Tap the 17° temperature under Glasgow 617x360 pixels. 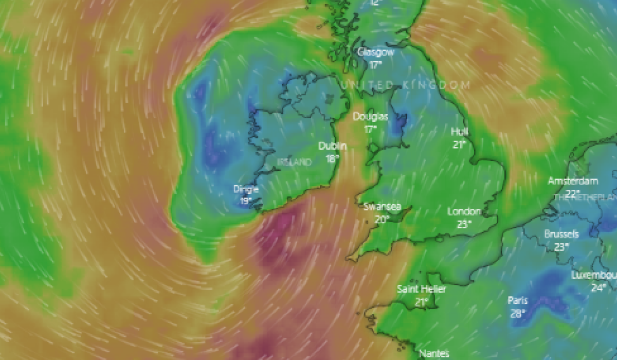[x=376, y=65]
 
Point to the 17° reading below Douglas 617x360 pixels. [x=370, y=129]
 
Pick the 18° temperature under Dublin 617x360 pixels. [x=333, y=158]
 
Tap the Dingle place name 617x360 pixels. [x=246, y=189]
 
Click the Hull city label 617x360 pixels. [x=459, y=132]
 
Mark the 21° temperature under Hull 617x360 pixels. [x=459, y=145]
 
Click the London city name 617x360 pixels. [x=464, y=211]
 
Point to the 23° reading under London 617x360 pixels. [x=464, y=224]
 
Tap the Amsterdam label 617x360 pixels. [x=573, y=181]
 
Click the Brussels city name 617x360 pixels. [x=561, y=235]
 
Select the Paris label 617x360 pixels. [x=518, y=300]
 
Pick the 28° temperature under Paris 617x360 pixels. [x=518, y=313]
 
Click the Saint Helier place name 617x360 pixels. [x=422, y=289]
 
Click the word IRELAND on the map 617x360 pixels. [x=295, y=163]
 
